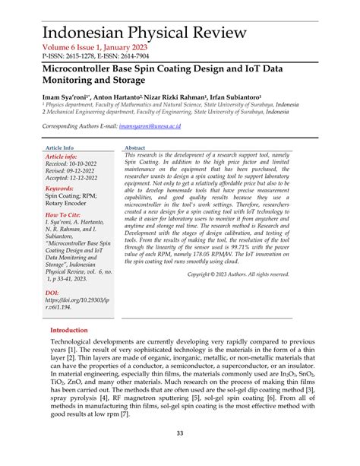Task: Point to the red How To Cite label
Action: point(65,215)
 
